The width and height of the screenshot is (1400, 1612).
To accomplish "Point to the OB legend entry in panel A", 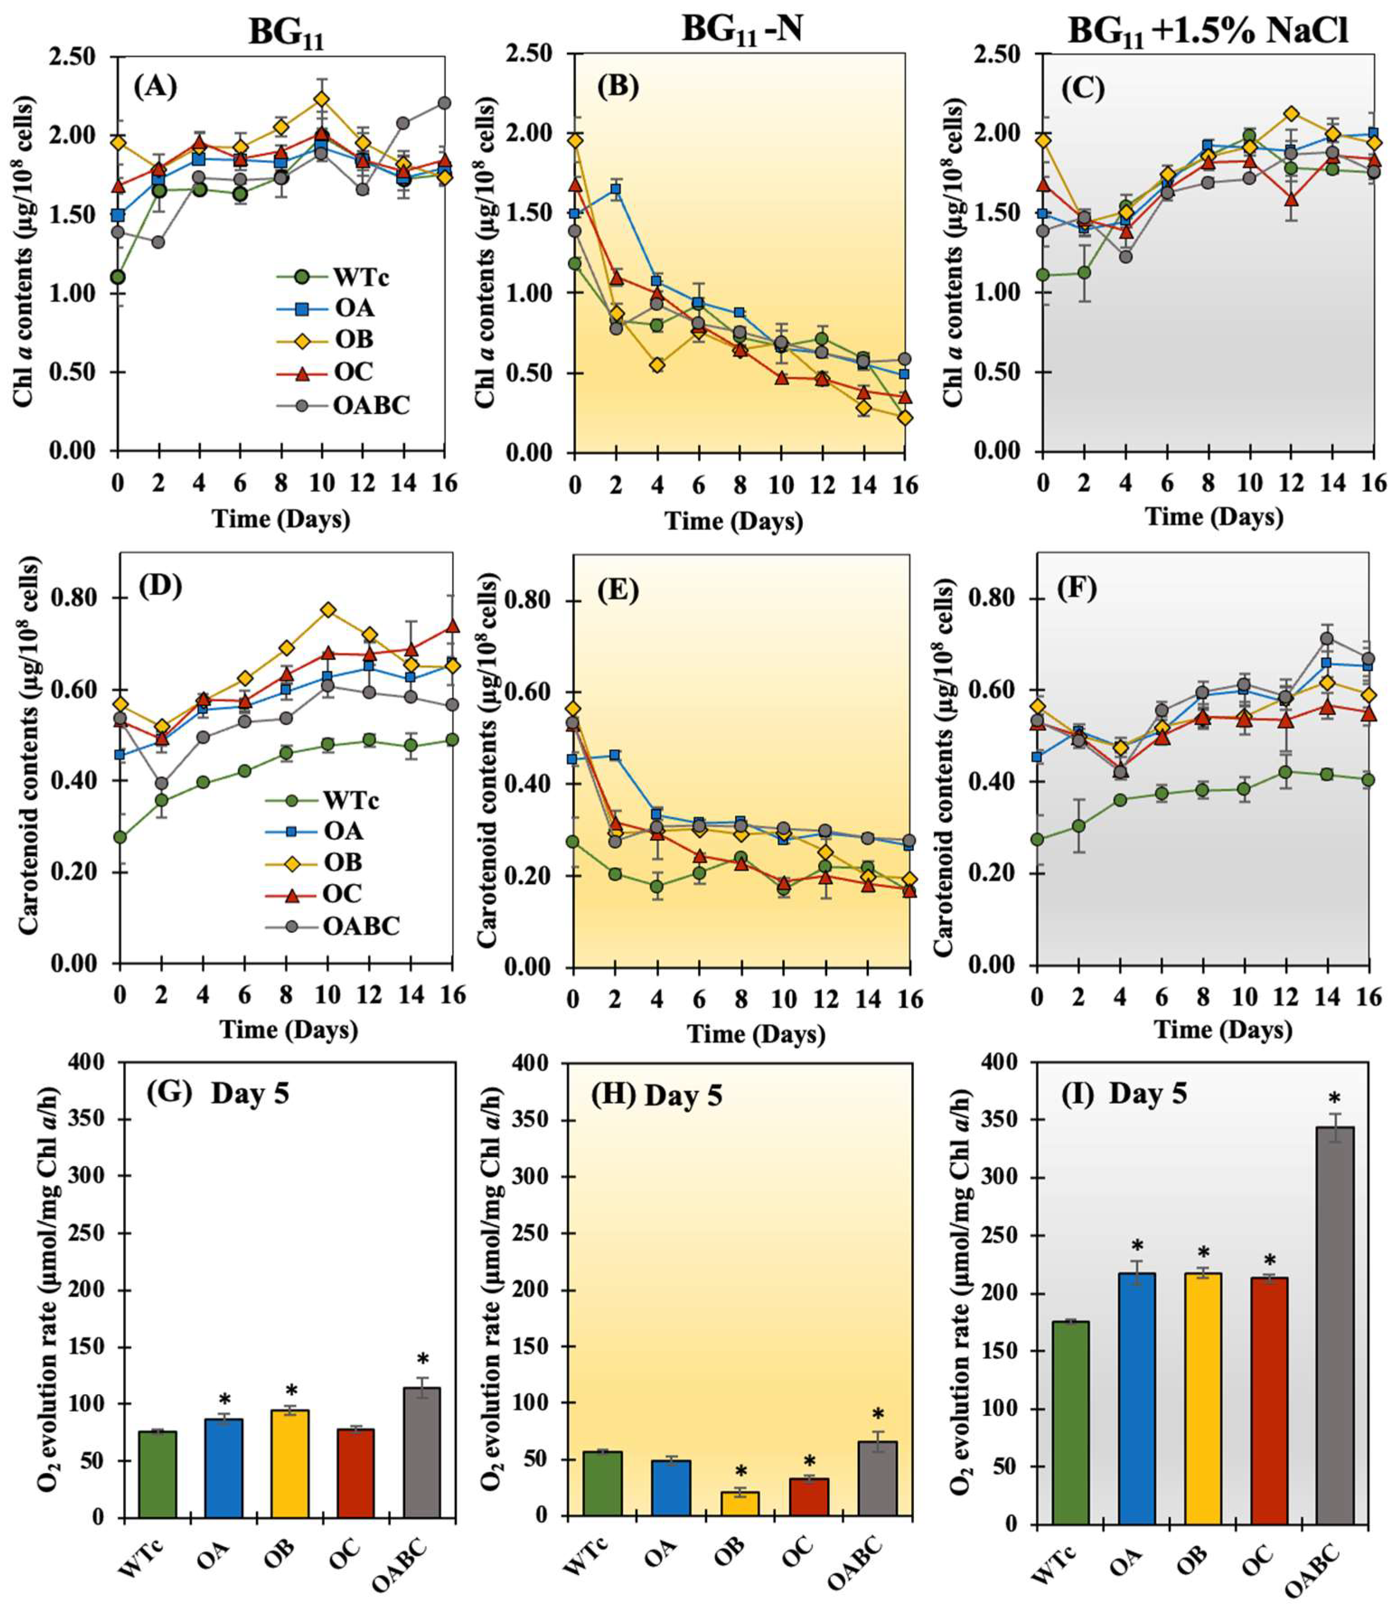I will [354, 340].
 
